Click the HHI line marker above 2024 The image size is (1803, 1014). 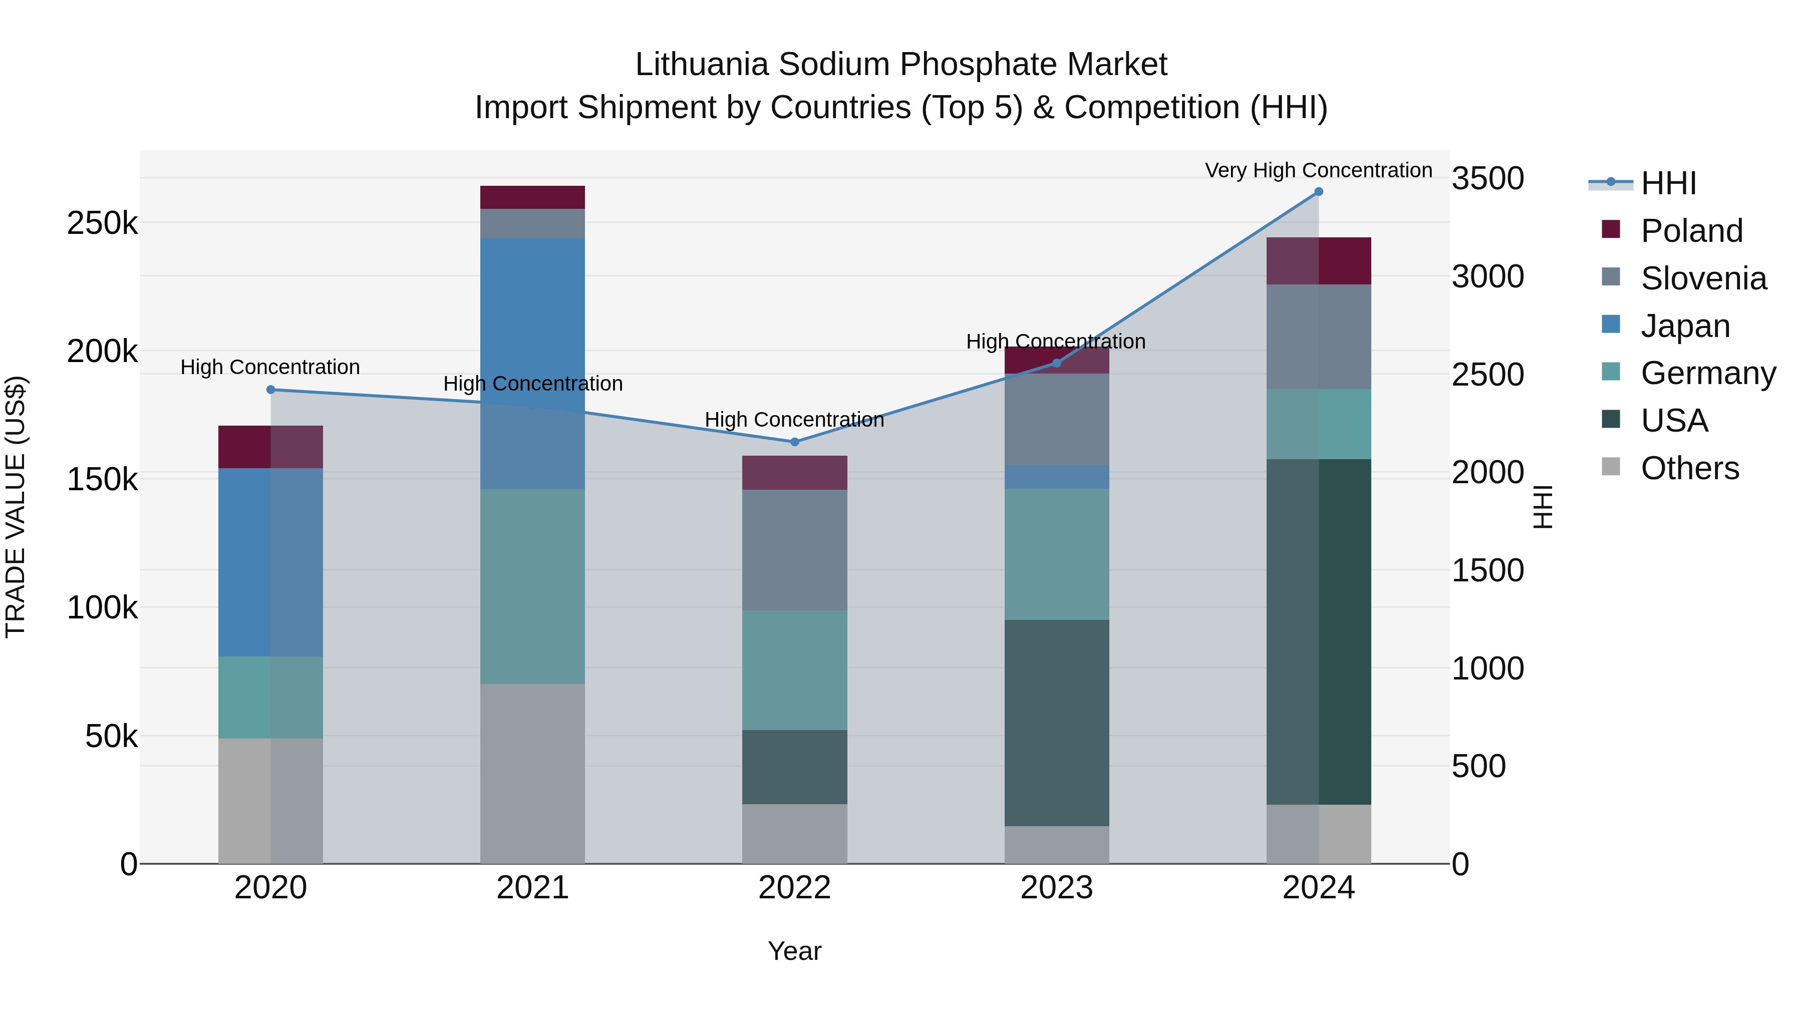pyautogui.click(x=1319, y=192)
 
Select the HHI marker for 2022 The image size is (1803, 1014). pyautogui.click(x=794, y=442)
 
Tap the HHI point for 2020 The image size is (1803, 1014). pyautogui.click(x=271, y=390)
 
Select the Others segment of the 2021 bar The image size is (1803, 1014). pyautogui.click(x=533, y=773)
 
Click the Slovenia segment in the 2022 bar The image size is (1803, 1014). pyautogui.click(x=794, y=550)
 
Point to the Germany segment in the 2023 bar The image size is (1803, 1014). pyautogui.click(x=1057, y=554)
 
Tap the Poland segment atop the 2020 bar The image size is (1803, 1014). pyautogui.click(x=271, y=447)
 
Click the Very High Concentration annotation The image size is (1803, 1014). pyautogui.click(x=1318, y=170)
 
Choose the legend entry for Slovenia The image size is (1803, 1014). pyautogui.click(x=1703, y=278)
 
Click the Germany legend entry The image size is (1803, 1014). pyautogui.click(x=1708, y=373)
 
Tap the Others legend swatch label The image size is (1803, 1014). pyautogui.click(x=1690, y=468)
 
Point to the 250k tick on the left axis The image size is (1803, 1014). pyautogui.click(x=102, y=224)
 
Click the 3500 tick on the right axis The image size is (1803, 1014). pyautogui.click(x=1487, y=178)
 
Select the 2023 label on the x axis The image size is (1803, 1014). pyautogui.click(x=1056, y=888)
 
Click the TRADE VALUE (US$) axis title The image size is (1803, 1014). pyautogui.click(x=16, y=507)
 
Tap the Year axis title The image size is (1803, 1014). pyautogui.click(x=794, y=951)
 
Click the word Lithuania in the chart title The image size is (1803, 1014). pyautogui.click(x=702, y=65)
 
